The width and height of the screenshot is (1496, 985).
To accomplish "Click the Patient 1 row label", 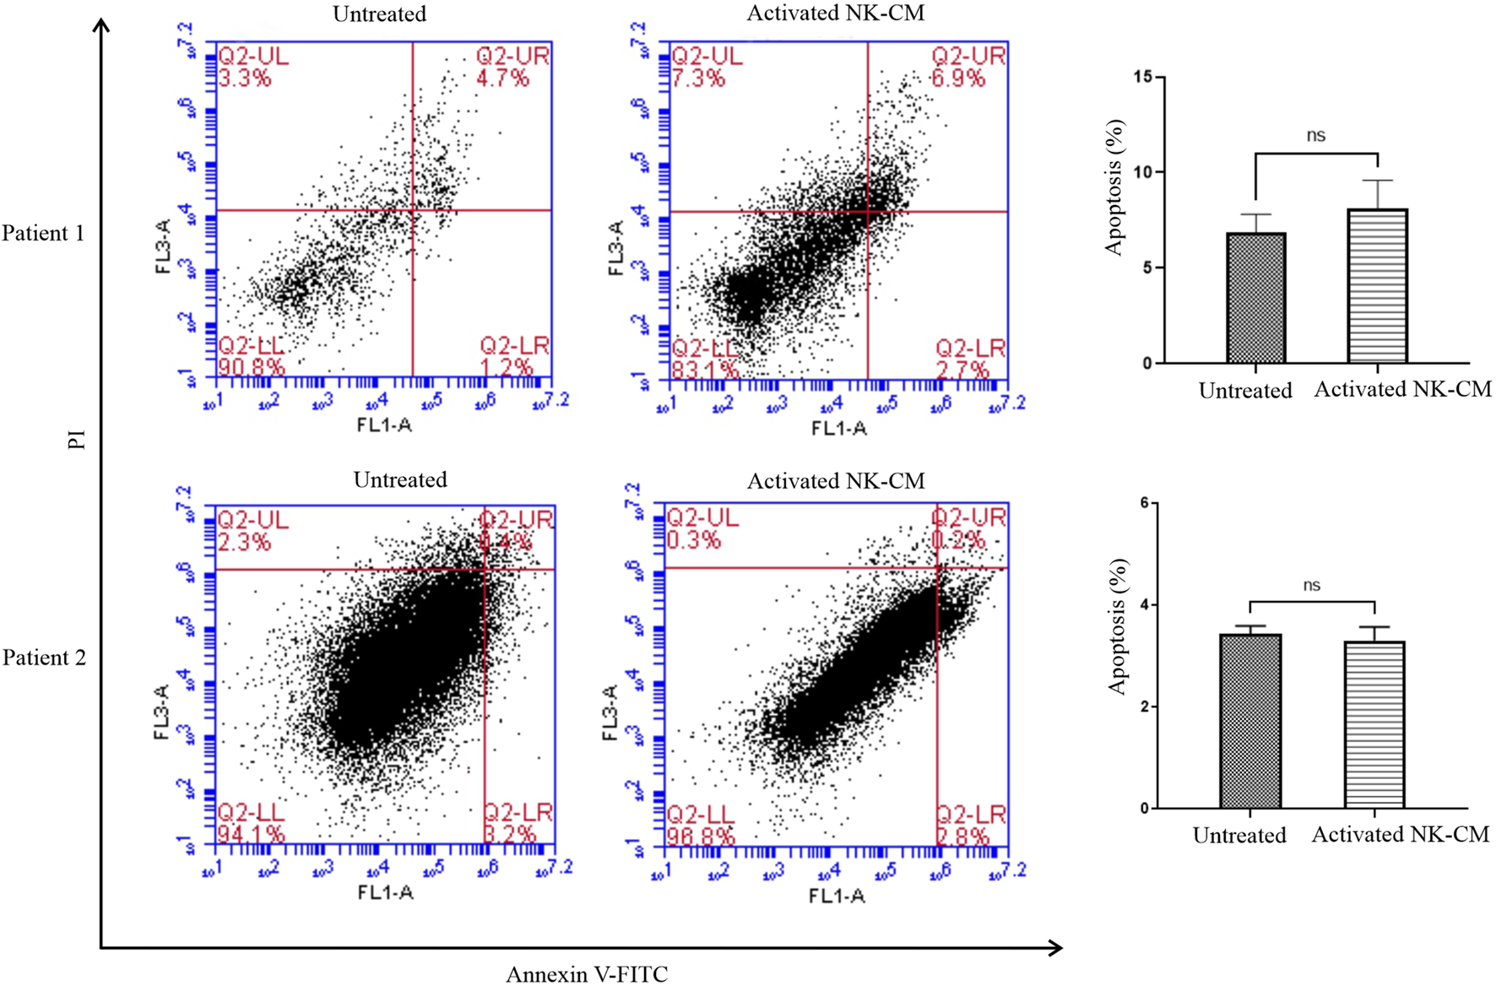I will click(43, 234).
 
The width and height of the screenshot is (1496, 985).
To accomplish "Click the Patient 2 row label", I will click(44, 658).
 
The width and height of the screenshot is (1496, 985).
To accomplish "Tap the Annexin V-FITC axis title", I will click(586, 974).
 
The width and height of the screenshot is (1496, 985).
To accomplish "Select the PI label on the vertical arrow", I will click(77, 440).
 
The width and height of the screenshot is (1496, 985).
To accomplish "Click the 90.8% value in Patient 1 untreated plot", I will click(252, 367).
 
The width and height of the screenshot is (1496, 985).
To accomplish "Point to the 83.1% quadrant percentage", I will click(705, 370).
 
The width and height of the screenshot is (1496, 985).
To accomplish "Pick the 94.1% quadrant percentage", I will click(252, 835).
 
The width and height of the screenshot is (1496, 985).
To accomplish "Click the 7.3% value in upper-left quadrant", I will click(697, 78).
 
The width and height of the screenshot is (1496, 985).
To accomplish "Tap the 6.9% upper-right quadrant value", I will click(958, 78).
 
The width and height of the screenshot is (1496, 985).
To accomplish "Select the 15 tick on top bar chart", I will click(1143, 77).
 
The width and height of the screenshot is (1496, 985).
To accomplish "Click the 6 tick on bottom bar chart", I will click(1144, 503).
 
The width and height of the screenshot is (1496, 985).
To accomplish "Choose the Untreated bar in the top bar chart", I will click(1255, 298).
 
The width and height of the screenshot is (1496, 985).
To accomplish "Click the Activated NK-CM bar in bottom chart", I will click(1374, 724).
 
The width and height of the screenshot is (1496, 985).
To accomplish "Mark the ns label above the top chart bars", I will click(1315, 135).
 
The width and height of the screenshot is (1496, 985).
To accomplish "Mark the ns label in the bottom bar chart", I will click(1311, 585).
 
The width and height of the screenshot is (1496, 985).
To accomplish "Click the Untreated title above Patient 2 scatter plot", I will click(399, 480).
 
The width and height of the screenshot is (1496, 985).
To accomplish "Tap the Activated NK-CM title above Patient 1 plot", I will click(835, 14).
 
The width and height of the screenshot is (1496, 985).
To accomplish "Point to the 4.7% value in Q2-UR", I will click(502, 78).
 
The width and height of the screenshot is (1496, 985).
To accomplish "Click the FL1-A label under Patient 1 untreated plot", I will click(384, 425).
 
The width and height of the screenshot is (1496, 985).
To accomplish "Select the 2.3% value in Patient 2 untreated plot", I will click(245, 542).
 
